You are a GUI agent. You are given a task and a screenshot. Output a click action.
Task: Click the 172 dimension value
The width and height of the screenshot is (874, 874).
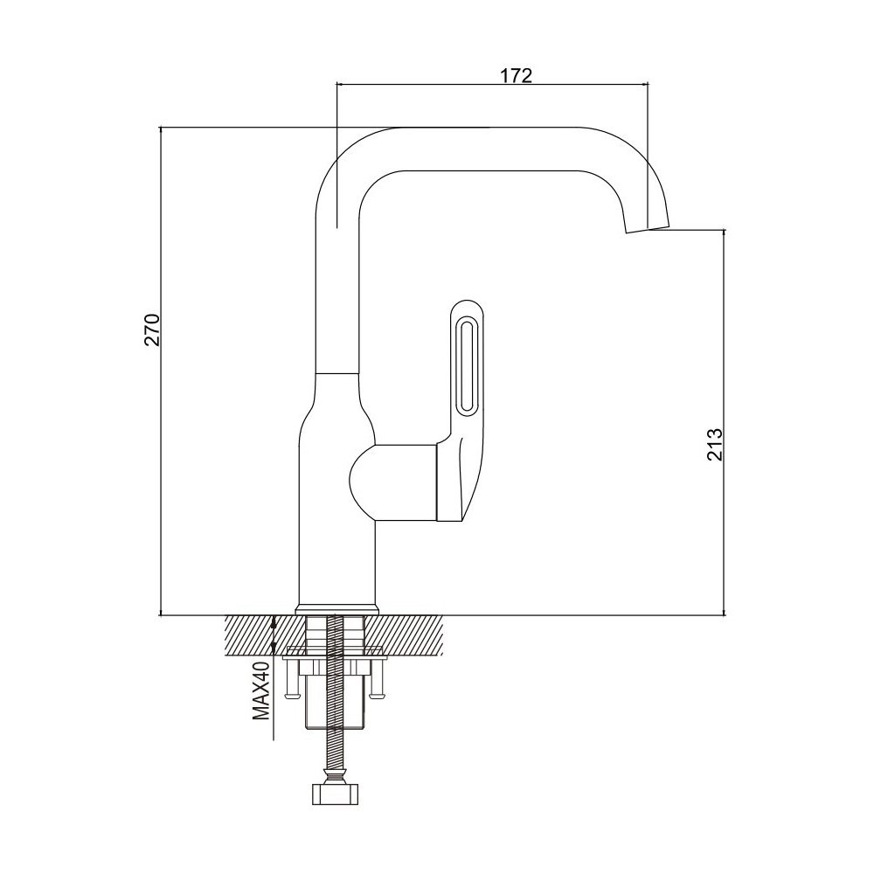pyautogui.click(x=515, y=75)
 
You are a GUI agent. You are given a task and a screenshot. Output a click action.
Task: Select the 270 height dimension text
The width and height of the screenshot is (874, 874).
pyautogui.click(x=152, y=330)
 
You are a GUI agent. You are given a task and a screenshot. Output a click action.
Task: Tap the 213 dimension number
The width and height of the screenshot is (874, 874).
pyautogui.click(x=714, y=444)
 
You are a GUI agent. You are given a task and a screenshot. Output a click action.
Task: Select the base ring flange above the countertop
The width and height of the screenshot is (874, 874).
pyautogui.click(x=337, y=610)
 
